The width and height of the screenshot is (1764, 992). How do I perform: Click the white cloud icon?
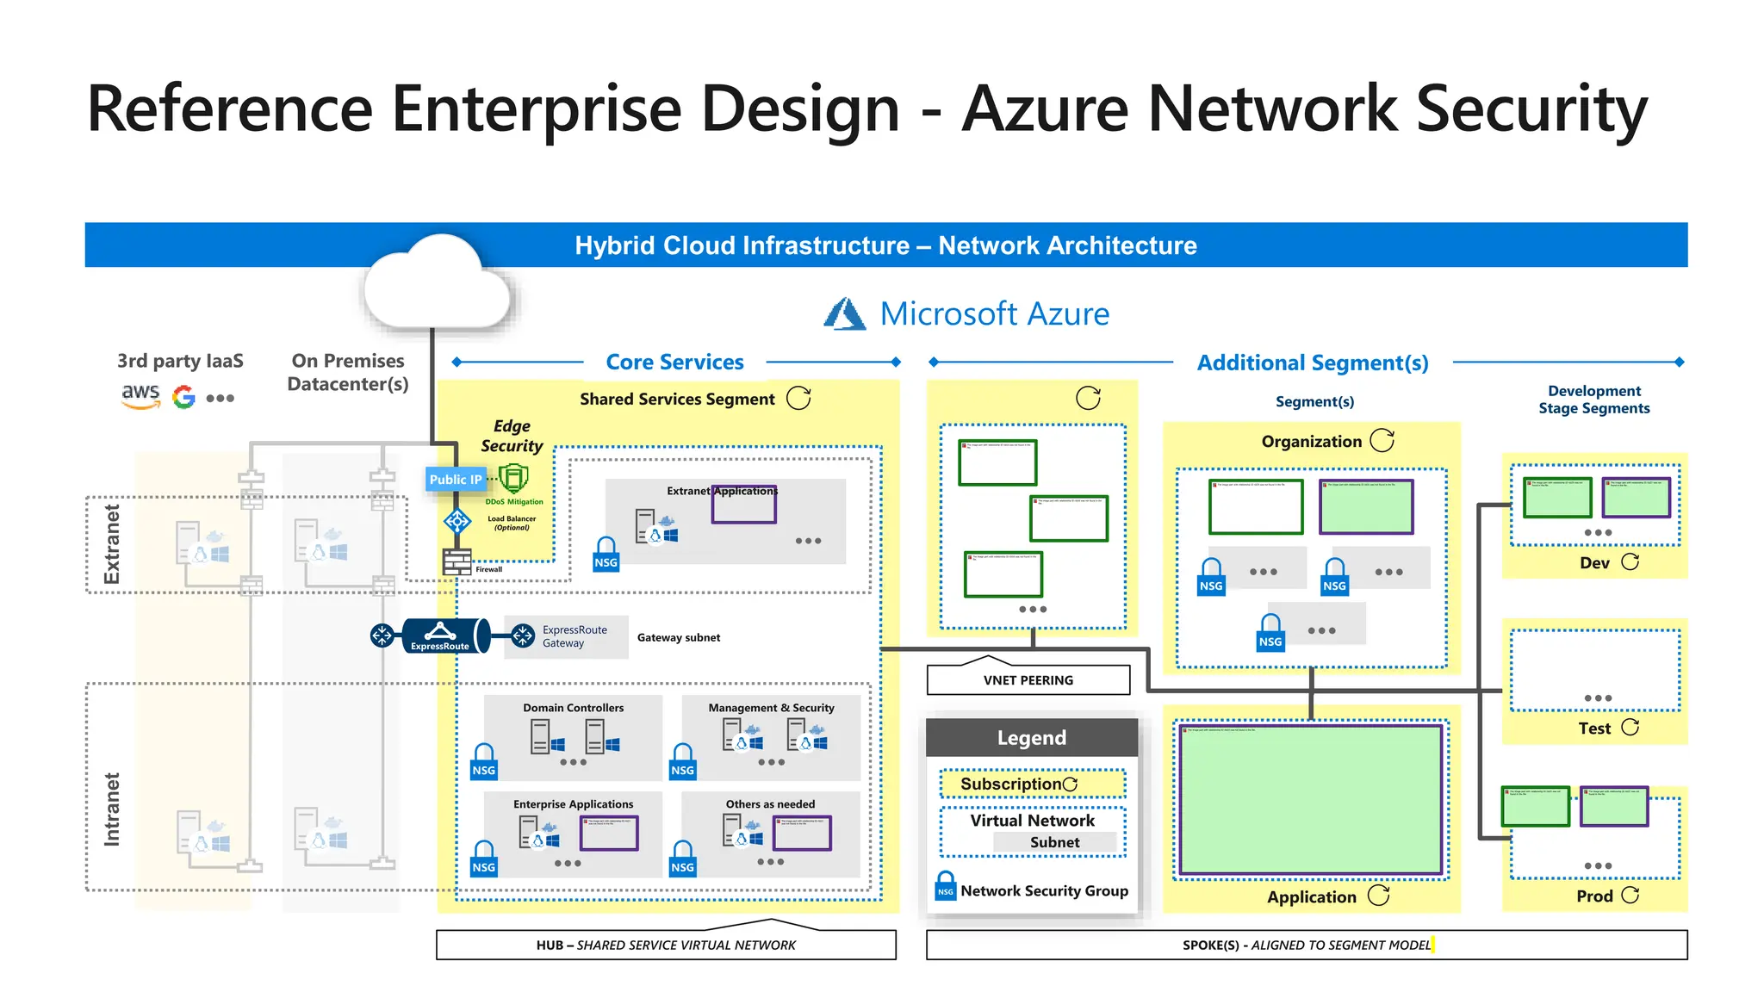(x=438, y=284)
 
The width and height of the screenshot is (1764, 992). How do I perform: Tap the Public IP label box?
(x=456, y=480)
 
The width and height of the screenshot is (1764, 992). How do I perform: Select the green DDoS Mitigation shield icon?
(x=513, y=479)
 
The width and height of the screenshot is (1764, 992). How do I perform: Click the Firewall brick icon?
(x=457, y=561)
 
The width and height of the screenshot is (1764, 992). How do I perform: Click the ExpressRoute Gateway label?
(x=575, y=636)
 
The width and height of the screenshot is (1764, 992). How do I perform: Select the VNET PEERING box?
(x=1028, y=679)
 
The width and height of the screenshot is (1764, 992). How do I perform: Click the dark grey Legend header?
(x=1031, y=738)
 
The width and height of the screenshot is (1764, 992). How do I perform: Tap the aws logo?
(x=140, y=395)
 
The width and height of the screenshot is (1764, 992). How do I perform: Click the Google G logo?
(x=183, y=397)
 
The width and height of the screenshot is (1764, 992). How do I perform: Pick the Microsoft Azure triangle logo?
(x=844, y=314)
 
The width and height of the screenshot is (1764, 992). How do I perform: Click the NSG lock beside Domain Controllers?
(x=484, y=761)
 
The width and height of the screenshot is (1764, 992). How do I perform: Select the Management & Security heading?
(x=771, y=708)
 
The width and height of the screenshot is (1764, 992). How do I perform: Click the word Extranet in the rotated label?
(x=112, y=544)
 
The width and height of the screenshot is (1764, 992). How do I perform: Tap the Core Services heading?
(x=674, y=363)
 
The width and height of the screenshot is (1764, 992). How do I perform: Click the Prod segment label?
(x=1594, y=896)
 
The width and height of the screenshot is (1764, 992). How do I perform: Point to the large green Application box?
(x=1310, y=799)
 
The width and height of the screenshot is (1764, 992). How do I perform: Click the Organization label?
(x=1311, y=442)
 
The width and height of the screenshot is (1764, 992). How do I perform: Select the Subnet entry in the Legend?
(x=1054, y=842)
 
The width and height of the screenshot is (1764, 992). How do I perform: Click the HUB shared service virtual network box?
(x=666, y=945)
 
